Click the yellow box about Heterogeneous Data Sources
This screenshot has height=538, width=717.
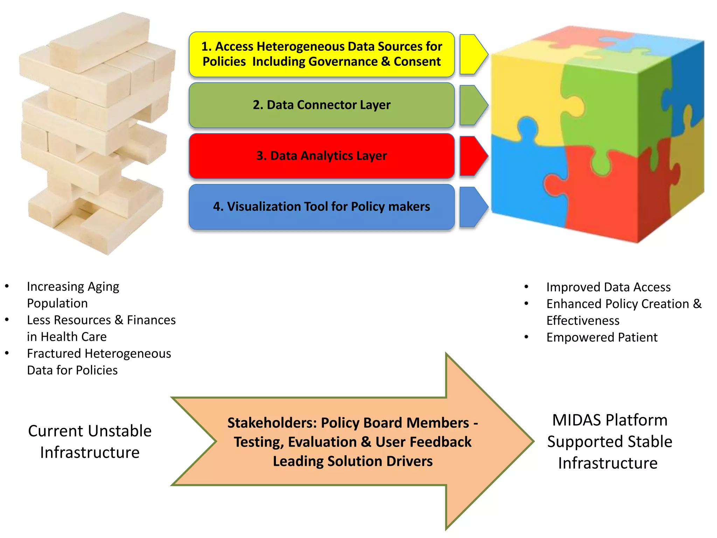pos(321,54)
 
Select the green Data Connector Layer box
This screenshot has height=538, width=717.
pos(321,105)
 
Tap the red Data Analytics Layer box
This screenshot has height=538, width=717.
pos(321,156)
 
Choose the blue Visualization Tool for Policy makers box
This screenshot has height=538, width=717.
pos(321,207)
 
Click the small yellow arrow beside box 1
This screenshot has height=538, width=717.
pos(473,54)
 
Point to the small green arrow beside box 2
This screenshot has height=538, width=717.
pos(473,105)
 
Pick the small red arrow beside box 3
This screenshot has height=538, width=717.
pos(473,156)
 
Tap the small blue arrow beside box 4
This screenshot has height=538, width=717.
pos(473,207)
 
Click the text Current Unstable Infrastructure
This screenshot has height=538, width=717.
pos(90,441)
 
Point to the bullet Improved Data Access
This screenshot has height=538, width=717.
pos(608,287)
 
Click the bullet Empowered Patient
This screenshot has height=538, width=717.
pos(601,337)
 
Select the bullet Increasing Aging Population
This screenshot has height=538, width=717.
pos(73,295)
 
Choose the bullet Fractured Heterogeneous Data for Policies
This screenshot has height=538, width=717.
pos(99,361)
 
